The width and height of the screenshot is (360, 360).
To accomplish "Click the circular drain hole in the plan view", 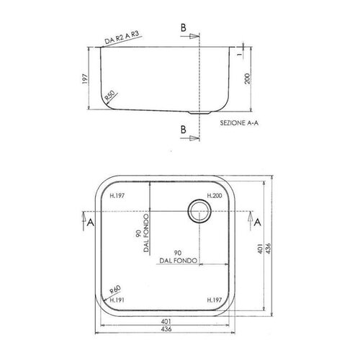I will pos(198,210).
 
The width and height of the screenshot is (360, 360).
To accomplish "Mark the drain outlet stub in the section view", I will pos(197,113).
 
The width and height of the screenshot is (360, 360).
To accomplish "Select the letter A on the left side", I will pos(89,224).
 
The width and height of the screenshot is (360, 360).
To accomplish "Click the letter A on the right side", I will pos(257,224).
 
